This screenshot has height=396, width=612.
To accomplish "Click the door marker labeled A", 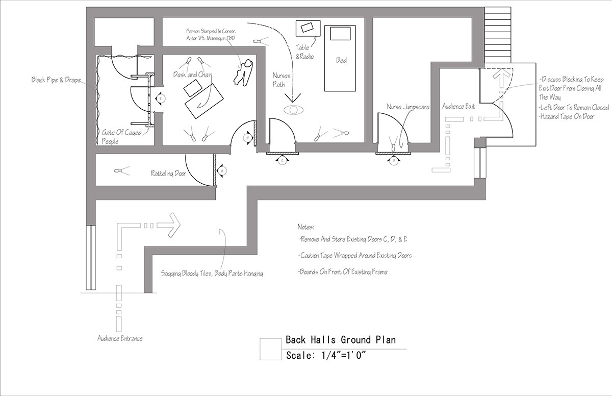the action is click(x=222, y=170).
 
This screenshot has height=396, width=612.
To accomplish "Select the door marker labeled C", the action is click(x=282, y=160).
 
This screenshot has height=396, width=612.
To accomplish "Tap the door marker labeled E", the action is click(x=160, y=98).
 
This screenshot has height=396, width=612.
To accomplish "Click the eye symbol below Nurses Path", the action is click(x=293, y=110).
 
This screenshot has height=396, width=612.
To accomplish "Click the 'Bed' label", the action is click(x=341, y=60).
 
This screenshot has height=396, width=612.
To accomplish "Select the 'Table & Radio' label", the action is click(x=305, y=52).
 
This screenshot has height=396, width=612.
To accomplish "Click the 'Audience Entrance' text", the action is click(x=120, y=338).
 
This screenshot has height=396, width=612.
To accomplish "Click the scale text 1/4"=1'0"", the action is click(x=327, y=356).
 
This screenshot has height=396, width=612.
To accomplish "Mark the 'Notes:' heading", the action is click(x=307, y=227).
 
